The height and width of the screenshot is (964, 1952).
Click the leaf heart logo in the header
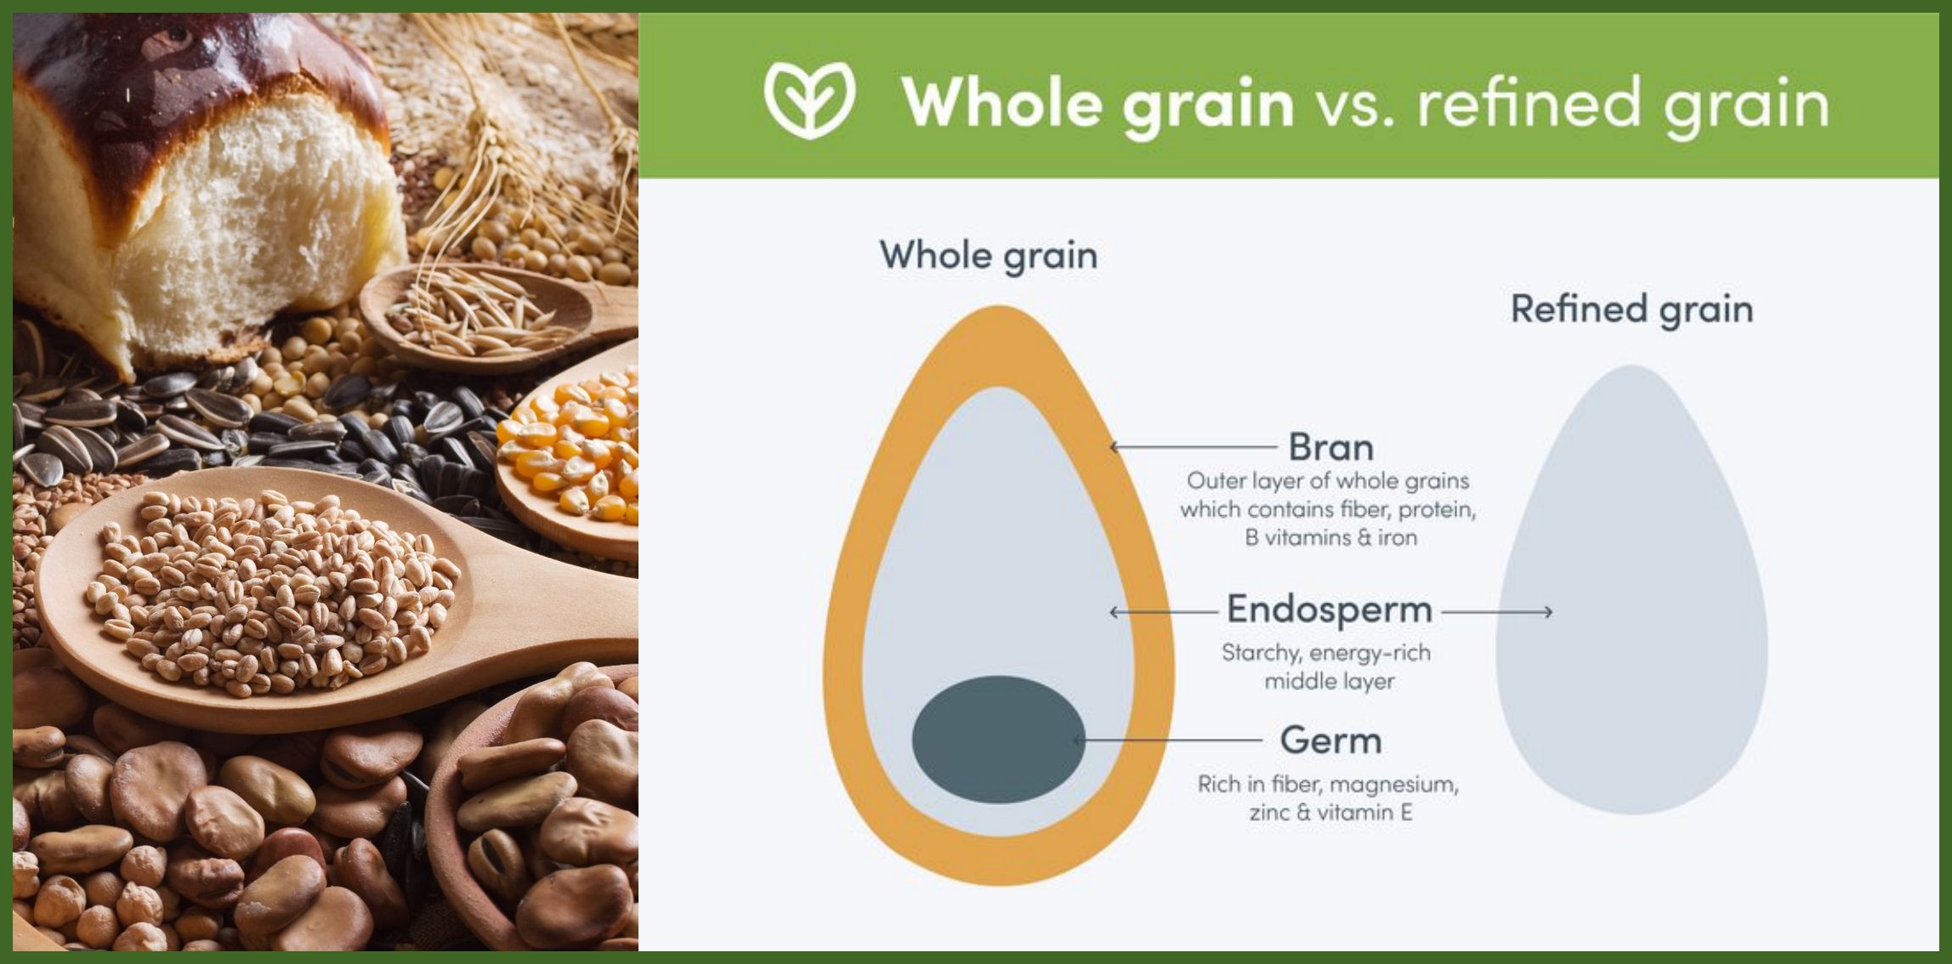click(x=809, y=99)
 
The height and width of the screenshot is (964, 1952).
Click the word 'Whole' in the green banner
click(x=1001, y=102)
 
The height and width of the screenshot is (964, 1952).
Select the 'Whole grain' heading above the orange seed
click(x=988, y=255)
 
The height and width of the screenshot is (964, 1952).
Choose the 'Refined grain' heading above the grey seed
click(x=1631, y=309)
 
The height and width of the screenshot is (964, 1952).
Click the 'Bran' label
click(x=1331, y=447)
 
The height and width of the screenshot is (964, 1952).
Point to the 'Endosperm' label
click(x=1329, y=610)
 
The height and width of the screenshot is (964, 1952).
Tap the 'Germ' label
click(x=1331, y=740)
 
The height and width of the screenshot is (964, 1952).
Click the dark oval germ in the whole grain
click(x=998, y=740)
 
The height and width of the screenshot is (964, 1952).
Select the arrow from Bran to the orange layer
click(x=1194, y=446)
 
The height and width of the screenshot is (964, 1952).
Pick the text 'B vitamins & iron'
click(x=1331, y=538)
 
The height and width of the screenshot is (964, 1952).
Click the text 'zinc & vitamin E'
click(x=1331, y=813)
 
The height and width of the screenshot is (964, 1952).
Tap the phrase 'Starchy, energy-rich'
click(x=1326, y=653)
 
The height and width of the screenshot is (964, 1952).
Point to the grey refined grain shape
click(x=1631, y=590)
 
